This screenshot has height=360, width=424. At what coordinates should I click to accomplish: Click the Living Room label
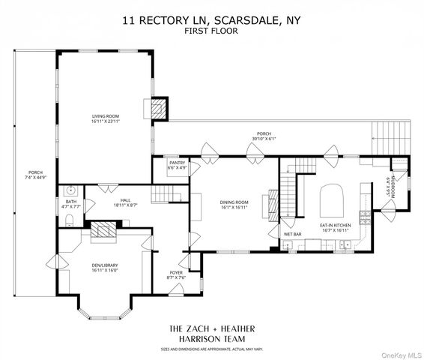[x=106, y=116]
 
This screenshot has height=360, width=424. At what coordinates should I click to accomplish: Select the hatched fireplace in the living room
[x=157, y=109]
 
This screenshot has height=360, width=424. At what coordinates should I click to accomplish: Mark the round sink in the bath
[x=69, y=190]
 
